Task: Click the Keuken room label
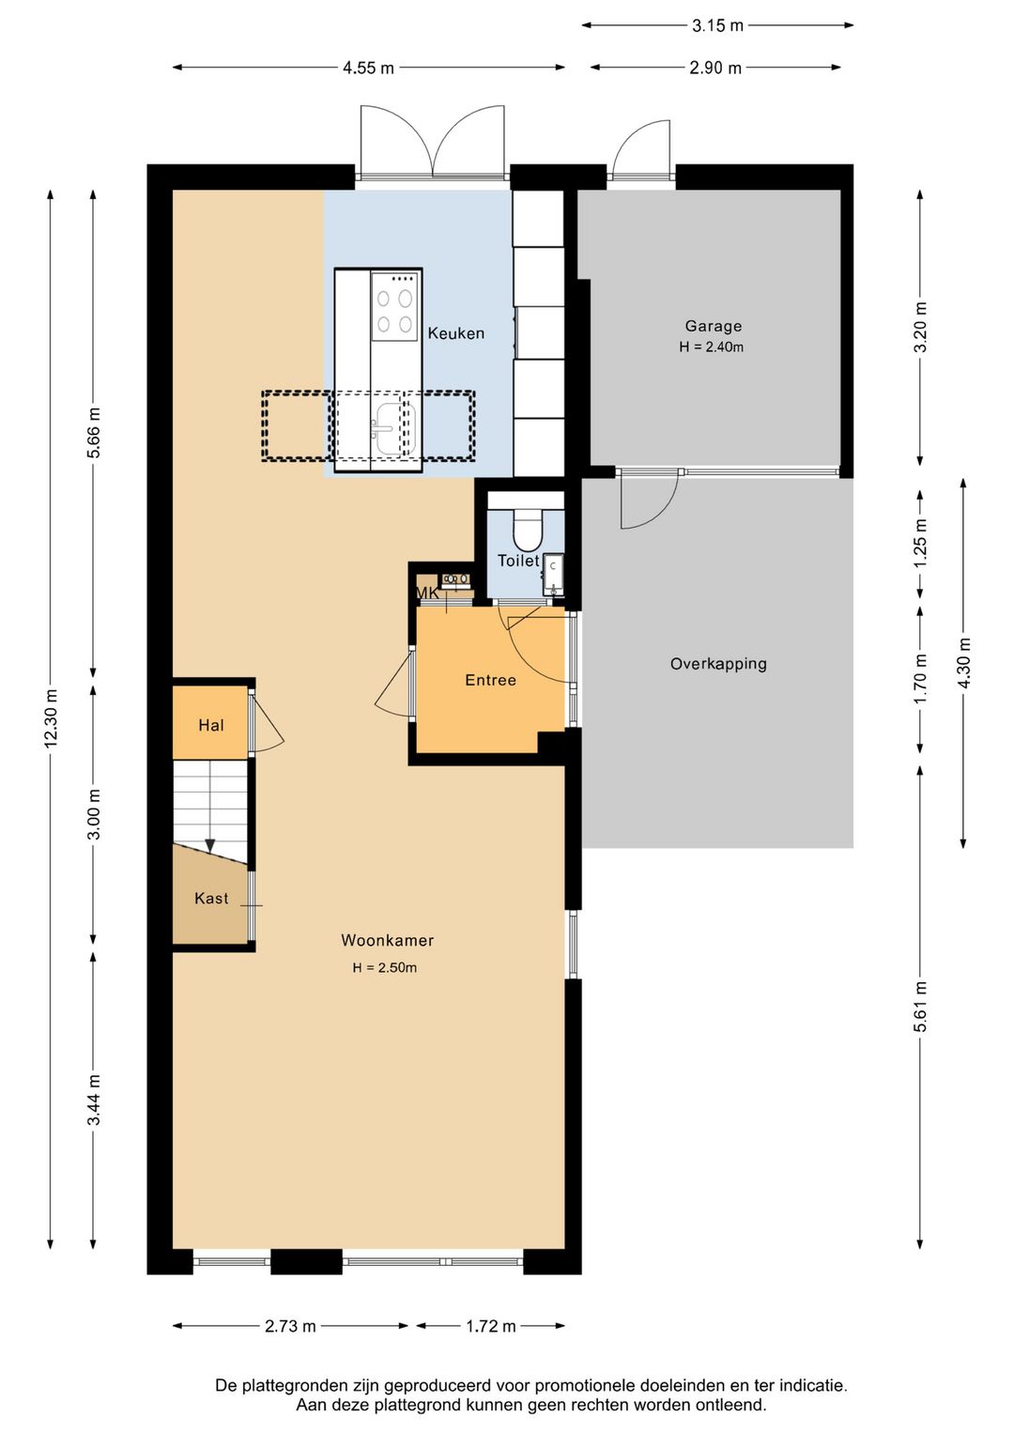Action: [x=455, y=333]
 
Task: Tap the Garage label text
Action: [x=714, y=326]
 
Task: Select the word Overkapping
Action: [x=718, y=664]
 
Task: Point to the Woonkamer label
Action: [x=387, y=940]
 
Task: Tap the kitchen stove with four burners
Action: [x=394, y=306]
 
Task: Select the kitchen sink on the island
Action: [x=394, y=428]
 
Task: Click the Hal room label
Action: [x=211, y=726]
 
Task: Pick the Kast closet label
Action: [x=211, y=899]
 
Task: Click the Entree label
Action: [x=491, y=680]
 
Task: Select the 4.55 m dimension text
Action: [x=368, y=68]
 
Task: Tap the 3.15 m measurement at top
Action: [x=718, y=25]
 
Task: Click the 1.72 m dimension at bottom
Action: [x=491, y=1326]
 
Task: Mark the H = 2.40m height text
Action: [x=712, y=347]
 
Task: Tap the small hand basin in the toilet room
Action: [x=553, y=575]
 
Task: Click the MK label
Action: [x=427, y=593]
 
